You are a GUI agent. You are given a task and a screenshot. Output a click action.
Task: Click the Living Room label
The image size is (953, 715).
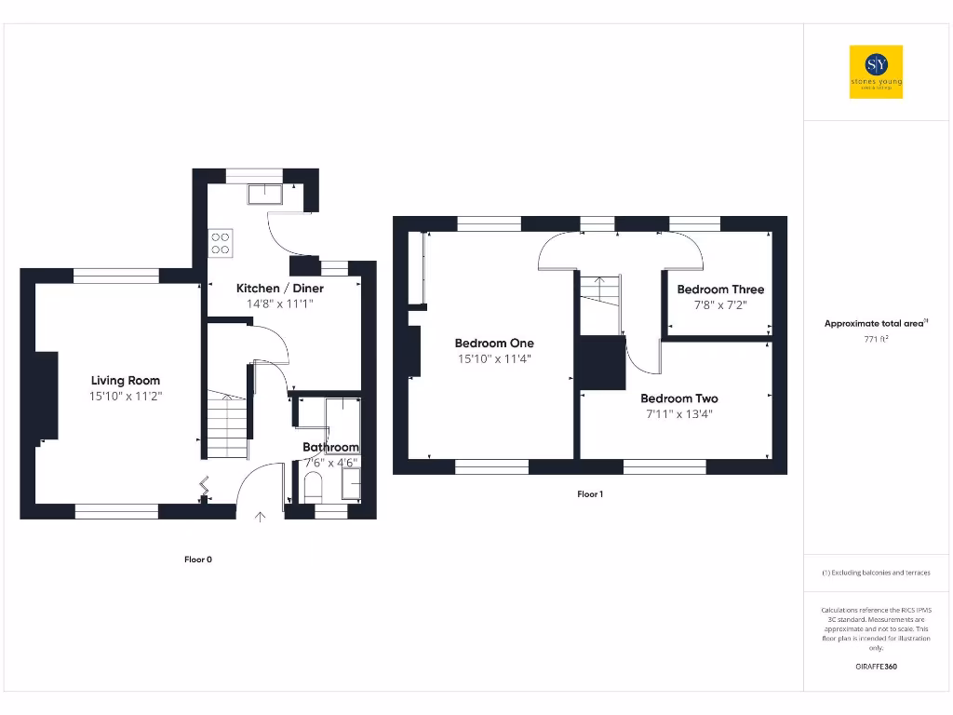125,380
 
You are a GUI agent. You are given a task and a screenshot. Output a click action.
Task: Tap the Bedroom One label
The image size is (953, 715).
494,343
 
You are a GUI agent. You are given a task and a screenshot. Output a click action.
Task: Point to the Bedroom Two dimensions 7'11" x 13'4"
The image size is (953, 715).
678,414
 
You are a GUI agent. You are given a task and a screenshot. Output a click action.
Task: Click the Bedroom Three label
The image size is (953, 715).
720,290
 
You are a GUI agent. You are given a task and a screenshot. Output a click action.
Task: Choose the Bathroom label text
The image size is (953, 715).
330,448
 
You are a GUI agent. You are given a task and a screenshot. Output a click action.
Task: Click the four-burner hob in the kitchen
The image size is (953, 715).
221,243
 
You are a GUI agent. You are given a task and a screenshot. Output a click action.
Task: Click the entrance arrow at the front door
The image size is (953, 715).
260,516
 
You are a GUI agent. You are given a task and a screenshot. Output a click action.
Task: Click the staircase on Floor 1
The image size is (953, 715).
600,301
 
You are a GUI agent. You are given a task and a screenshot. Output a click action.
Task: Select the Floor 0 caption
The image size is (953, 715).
197,560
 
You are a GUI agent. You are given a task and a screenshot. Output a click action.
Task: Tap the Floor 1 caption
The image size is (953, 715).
590,494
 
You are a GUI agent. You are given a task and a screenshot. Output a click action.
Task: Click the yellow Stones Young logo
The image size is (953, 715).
876,72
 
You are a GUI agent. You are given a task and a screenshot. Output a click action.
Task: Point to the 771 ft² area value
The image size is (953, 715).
876,339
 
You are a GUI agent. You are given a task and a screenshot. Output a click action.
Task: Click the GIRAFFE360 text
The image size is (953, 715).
876,667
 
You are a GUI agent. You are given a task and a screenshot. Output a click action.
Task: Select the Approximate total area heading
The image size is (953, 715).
876,323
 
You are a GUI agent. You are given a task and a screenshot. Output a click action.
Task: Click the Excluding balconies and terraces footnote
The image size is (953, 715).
876,573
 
